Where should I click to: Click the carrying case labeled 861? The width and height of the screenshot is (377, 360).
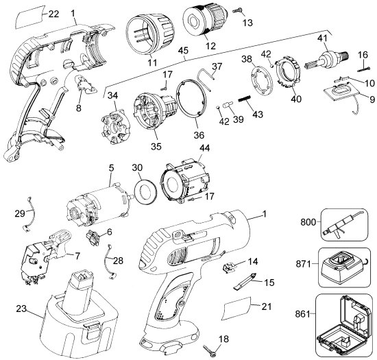pos(343,326)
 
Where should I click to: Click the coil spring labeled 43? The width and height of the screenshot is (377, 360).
pos(245,99)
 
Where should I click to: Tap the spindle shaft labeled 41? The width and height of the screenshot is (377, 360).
pos(326,60)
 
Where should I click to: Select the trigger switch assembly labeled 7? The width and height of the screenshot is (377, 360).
pos(45,257)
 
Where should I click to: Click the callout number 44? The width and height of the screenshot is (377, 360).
pos(204,148)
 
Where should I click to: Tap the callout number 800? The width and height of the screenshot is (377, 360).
pos(308,222)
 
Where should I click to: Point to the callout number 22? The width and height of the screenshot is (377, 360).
pos(53,14)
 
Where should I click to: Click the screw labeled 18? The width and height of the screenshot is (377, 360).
pos(210,352)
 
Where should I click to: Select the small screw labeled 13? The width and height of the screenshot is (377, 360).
pos(238,10)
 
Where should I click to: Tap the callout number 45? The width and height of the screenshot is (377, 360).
pos(184,51)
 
